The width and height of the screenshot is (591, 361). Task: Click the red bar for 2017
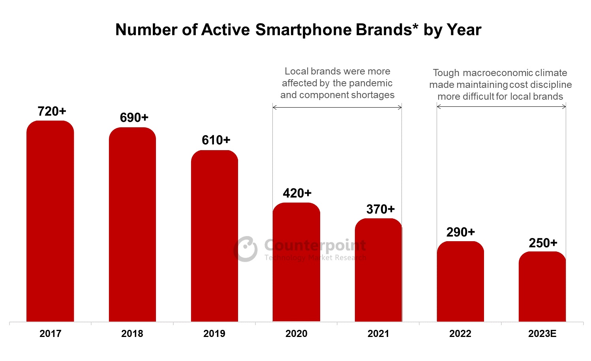pos(50,221)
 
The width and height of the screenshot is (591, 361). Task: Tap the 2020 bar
pos(296,262)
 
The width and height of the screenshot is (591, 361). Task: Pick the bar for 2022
pos(460,281)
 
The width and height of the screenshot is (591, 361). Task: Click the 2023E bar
pos(542,287)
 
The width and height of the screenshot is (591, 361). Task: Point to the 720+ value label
pos(52,112)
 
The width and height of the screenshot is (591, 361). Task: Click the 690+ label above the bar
pos(134,117)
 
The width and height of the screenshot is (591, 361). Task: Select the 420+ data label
pos(297,193)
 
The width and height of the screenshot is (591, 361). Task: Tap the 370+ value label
pos(380,209)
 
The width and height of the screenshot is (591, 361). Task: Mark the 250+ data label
pos(543,243)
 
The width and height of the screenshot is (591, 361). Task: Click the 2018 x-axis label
pos(132,334)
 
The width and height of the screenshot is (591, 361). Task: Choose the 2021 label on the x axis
pos(378,334)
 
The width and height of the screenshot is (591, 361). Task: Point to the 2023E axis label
pos(542,334)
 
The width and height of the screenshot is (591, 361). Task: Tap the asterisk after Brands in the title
pos(415,27)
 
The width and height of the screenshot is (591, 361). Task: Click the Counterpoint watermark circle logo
pos(246,249)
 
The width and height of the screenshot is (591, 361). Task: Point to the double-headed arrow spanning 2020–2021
pos(337,107)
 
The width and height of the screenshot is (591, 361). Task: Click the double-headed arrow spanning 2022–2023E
pos(501,107)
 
